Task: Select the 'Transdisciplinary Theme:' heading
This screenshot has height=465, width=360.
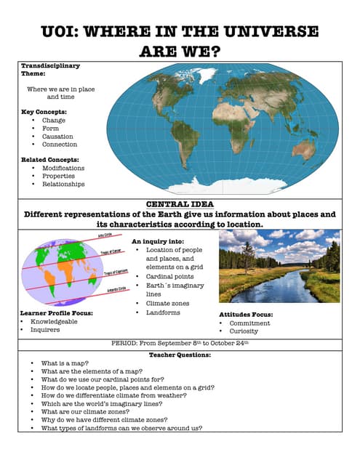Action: [x=49, y=69]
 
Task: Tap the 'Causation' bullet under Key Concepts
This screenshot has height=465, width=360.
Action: [x=59, y=136]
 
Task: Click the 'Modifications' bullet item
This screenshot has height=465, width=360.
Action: [x=63, y=168]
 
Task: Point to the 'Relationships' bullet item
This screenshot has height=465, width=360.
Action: [x=63, y=184]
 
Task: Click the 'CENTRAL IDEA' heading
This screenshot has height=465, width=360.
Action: [x=180, y=205]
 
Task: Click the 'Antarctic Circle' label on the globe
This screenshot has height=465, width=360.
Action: [x=108, y=289]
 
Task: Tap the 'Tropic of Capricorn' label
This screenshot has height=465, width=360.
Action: [x=116, y=272]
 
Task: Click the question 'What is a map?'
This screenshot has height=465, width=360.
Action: [x=66, y=363]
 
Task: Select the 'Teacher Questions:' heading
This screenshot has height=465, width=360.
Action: [x=180, y=355]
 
